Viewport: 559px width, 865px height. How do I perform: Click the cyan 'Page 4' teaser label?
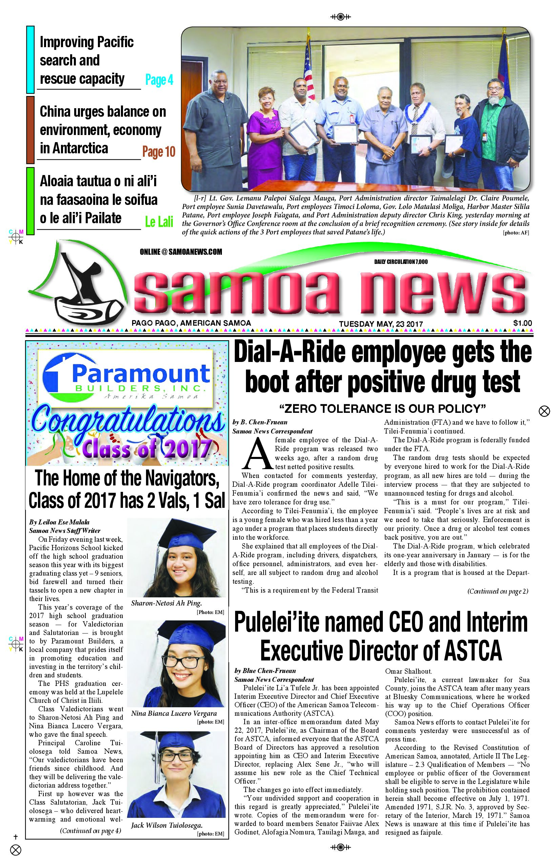159,80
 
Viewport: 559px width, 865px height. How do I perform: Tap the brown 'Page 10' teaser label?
159,152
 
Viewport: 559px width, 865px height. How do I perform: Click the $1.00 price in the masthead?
522,323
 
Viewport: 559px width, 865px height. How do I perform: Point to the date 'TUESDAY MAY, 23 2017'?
381,324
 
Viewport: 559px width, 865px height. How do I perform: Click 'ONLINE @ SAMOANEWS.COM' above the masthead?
181,252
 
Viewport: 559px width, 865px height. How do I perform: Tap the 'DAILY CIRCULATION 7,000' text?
401,262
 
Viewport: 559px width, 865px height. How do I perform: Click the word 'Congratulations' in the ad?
127,422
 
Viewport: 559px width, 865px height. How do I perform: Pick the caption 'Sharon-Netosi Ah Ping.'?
166,603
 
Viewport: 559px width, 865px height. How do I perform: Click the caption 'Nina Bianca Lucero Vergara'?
173,713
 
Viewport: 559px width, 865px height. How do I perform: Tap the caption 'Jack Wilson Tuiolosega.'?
167,825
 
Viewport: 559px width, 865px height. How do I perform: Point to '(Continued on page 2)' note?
497,591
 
